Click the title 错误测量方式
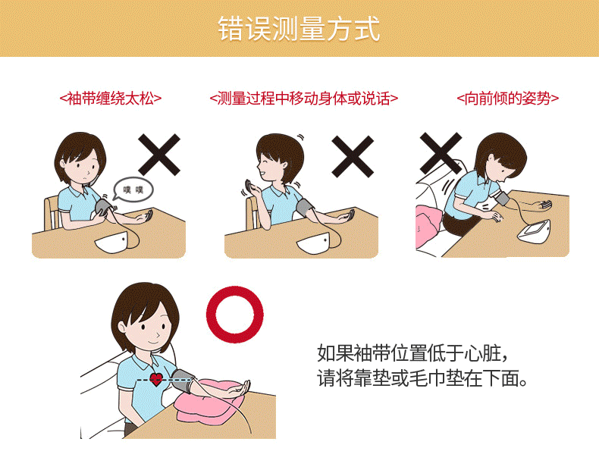pos(299,29)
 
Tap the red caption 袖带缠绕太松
pos(111,99)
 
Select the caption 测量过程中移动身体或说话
pos(304,99)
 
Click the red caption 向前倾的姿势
pos(508,99)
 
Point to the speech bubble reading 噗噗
pos(133,190)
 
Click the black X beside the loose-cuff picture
pos(159,155)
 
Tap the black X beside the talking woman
pos(353,156)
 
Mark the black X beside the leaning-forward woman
pos(441,153)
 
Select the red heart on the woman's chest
pos(156,379)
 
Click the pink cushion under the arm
pos(210,401)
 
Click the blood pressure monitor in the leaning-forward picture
pos(535,231)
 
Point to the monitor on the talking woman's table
pos(314,243)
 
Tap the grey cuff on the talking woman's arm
pos(305,208)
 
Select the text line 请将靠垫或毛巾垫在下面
pos(422,378)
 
